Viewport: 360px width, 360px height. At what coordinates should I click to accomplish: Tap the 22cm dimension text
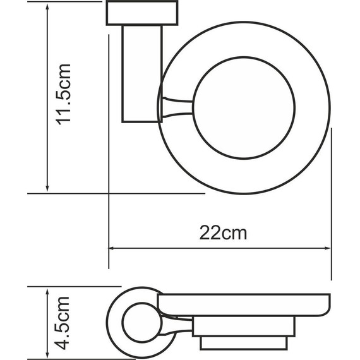click(x=223, y=233)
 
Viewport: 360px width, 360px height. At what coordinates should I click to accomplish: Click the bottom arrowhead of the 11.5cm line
click(x=47, y=188)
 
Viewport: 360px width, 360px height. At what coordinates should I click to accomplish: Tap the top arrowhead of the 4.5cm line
click(x=47, y=291)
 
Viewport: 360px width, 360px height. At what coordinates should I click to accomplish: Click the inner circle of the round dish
click(x=243, y=110)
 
